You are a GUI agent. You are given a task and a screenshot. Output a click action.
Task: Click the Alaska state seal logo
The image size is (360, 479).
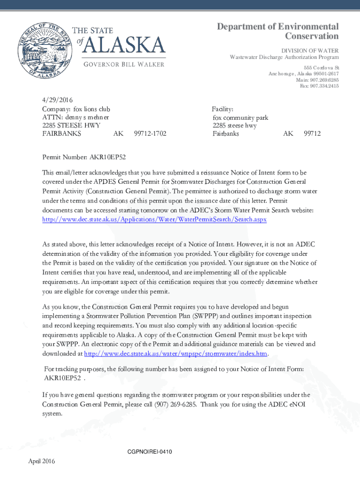(41, 51)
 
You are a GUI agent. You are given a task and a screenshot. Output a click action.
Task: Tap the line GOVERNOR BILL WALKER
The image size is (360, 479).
(124, 64)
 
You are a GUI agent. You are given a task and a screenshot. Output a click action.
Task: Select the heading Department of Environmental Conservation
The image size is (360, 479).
(278, 31)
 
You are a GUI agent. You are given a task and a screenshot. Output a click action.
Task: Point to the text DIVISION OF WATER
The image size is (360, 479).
(310, 51)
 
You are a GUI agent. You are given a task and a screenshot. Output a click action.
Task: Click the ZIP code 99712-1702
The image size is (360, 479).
(150, 134)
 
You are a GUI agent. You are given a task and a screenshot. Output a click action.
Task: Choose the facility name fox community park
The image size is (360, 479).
(240, 117)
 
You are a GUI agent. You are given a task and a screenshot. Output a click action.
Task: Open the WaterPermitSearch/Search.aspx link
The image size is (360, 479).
(154, 219)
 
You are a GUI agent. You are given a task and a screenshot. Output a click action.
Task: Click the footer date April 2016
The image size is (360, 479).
(42, 462)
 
